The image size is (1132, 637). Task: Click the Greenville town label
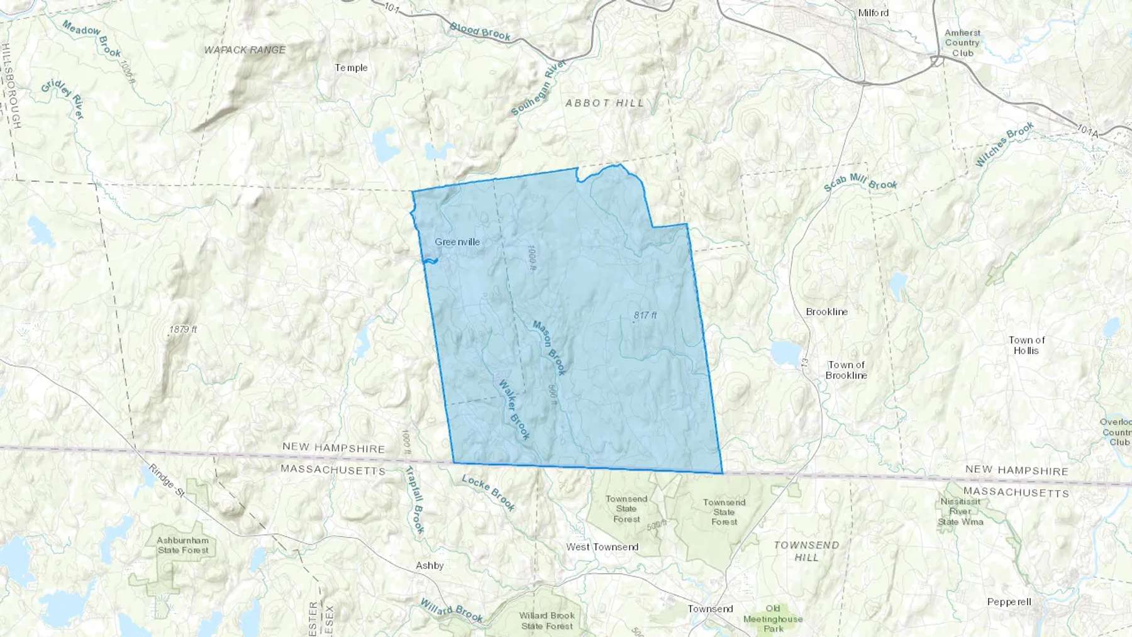[457, 242]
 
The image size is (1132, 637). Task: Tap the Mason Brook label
[549, 348]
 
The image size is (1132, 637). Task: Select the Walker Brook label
[514, 409]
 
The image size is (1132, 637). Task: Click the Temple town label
[351, 68]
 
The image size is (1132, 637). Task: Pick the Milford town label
[874, 13]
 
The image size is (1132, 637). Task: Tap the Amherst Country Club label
[962, 43]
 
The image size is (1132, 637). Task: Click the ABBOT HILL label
[604, 103]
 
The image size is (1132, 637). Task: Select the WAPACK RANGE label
[245, 50]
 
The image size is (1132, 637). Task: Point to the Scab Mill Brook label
[860, 182]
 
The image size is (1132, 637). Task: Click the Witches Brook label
[1004, 145]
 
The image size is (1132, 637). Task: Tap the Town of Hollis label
[1026, 345]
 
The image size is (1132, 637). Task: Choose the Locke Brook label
[489, 492]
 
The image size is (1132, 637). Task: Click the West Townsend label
[602, 547]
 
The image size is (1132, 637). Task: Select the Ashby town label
[430, 566]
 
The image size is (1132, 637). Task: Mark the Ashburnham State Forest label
[182, 545]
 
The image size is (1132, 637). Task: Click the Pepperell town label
[1009, 602]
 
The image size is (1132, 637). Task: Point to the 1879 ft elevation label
[183, 330]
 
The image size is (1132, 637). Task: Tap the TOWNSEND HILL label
[806, 551]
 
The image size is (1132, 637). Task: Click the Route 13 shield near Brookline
[804, 363]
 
